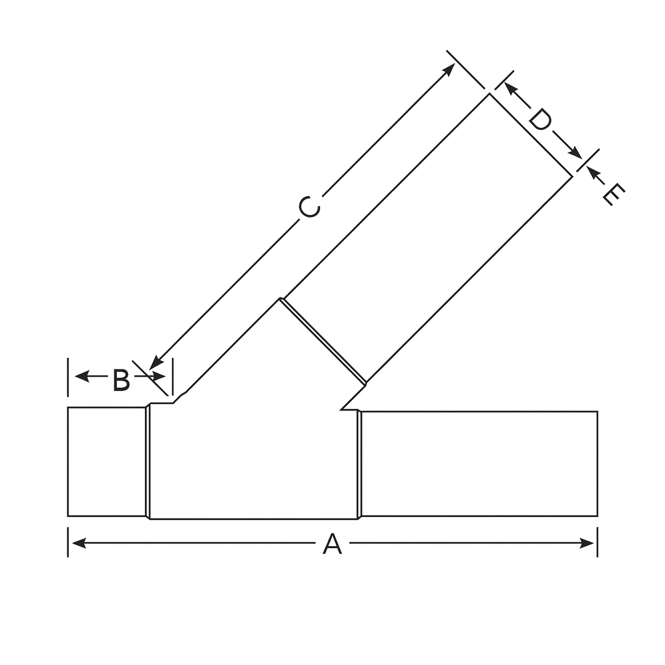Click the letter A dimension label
click(332, 544)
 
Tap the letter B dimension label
click(121, 381)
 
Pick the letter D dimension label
click(540, 120)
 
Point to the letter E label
click(613, 194)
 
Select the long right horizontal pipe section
click(479, 464)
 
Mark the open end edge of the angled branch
click(531, 135)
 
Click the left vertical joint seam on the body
click(148, 462)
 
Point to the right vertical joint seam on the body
click(358, 465)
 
